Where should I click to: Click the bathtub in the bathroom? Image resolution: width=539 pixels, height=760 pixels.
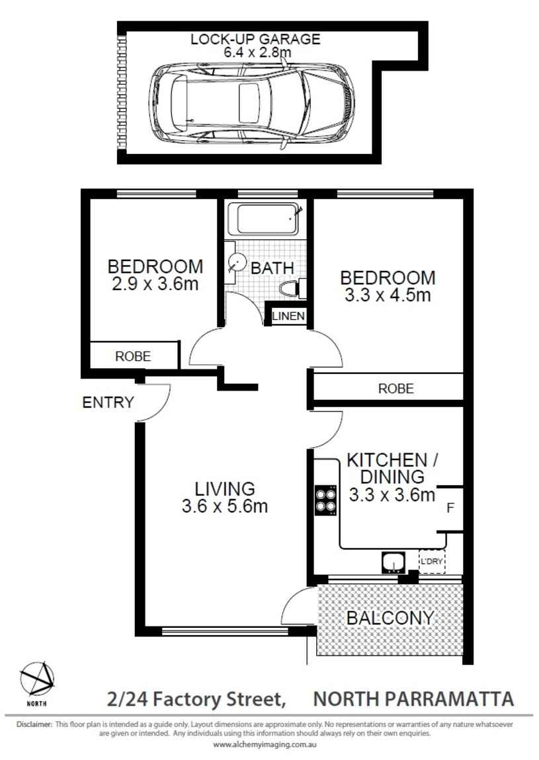(x=267, y=219)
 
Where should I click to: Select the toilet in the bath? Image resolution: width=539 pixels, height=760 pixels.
(x=293, y=288)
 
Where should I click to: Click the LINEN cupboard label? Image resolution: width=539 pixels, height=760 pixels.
(x=288, y=317)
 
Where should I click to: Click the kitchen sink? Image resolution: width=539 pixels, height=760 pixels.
(x=393, y=562)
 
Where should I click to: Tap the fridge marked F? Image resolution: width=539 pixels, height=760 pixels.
(x=450, y=508)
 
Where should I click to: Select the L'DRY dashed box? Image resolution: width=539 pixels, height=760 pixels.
(x=431, y=561)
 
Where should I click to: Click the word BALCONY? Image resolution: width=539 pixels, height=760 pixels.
(x=390, y=618)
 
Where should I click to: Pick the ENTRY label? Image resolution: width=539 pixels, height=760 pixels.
(x=108, y=402)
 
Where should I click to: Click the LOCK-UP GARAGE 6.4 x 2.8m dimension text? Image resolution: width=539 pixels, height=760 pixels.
(x=256, y=45)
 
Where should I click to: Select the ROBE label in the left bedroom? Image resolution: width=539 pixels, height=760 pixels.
(x=133, y=356)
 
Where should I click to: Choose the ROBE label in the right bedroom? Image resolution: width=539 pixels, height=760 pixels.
(x=396, y=388)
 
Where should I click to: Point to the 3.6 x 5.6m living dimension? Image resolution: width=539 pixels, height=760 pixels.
(x=225, y=506)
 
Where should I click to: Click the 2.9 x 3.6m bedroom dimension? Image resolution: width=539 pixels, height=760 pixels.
(x=155, y=284)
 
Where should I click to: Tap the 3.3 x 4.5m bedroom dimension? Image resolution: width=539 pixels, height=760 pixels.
(x=388, y=295)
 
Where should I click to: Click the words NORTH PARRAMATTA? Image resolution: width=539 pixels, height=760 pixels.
(x=413, y=699)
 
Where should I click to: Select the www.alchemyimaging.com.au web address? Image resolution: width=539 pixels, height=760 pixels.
(x=265, y=745)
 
